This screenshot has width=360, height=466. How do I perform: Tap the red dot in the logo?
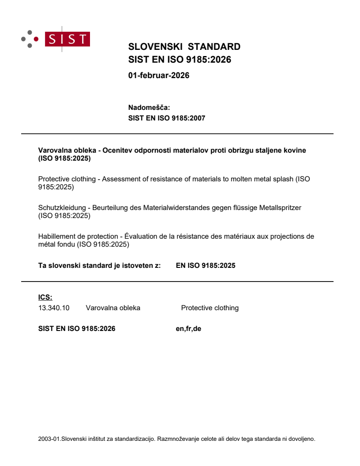point(37,39)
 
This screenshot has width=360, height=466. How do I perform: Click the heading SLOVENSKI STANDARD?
point(184,47)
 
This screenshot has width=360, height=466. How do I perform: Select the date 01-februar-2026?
point(158,75)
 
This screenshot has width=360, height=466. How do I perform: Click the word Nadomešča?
point(149,107)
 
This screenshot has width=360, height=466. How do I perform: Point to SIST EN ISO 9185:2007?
point(166,118)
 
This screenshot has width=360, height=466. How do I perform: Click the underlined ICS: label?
point(45,297)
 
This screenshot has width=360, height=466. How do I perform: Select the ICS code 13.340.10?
point(54,308)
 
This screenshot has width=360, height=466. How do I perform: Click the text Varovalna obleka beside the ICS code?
point(113,308)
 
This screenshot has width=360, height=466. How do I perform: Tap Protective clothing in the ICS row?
point(210,308)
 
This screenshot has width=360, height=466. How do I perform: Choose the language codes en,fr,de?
point(188,328)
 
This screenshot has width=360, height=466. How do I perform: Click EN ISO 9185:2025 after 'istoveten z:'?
point(205,266)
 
